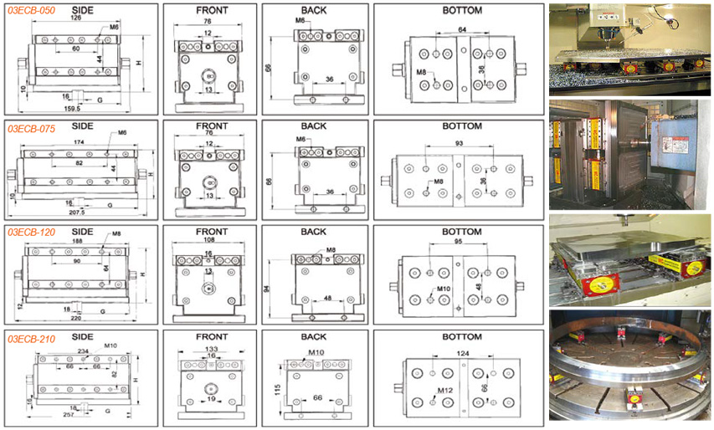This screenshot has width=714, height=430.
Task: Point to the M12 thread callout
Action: pos(445,390)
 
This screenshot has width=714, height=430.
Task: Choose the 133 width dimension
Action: pos(211,348)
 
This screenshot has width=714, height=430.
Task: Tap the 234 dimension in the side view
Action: pos(83,351)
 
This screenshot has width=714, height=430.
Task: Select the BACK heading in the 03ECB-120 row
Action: pos(313,232)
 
